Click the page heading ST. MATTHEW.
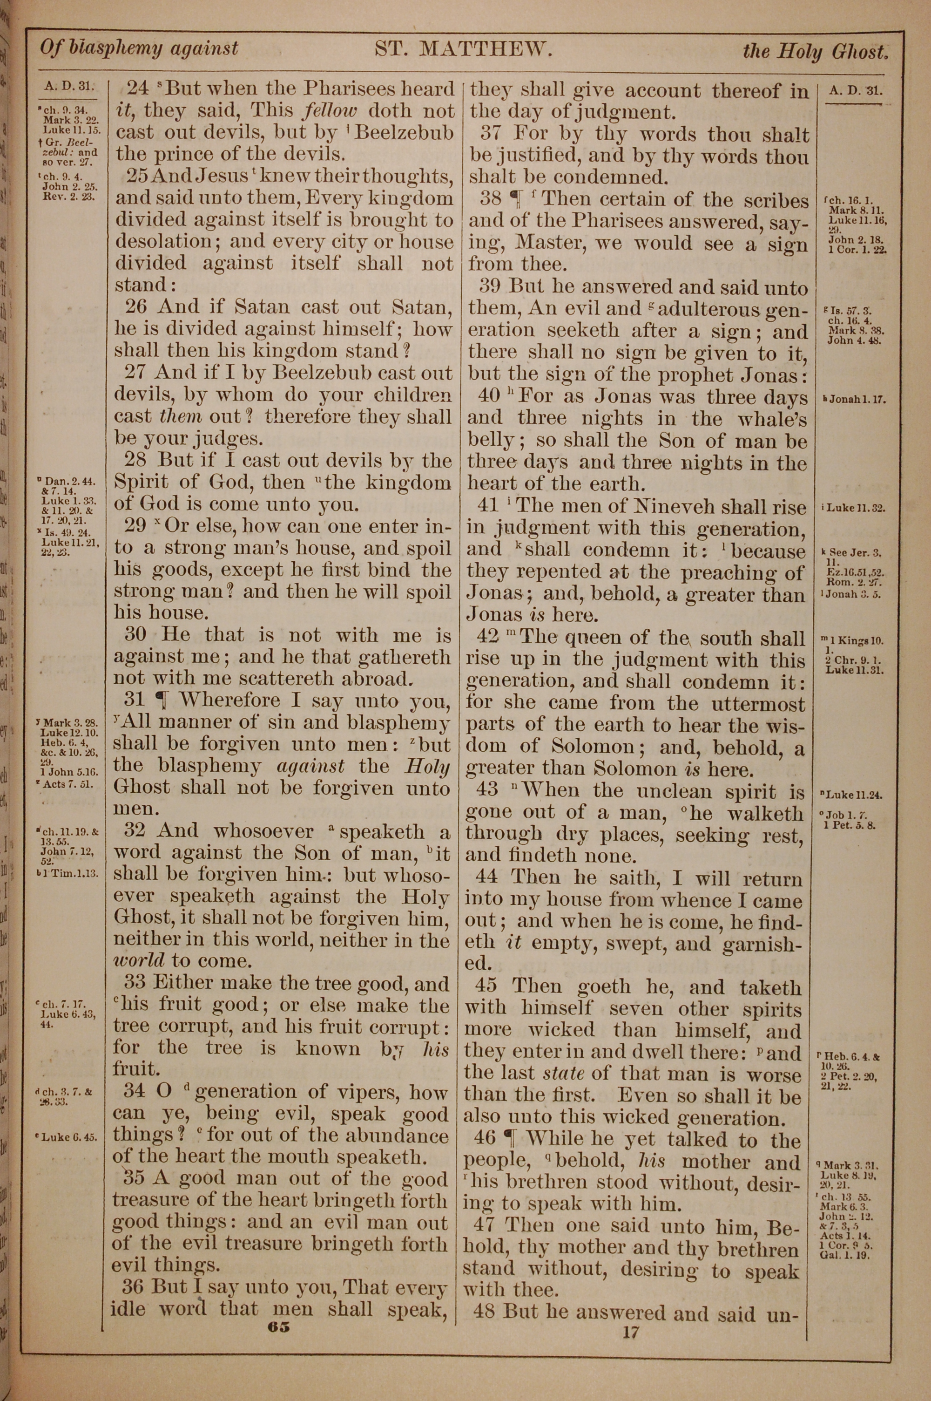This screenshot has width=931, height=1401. point(464,49)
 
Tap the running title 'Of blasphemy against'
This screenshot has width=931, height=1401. point(139,48)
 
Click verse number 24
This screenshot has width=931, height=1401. point(138,88)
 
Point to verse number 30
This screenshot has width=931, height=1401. point(135,635)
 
